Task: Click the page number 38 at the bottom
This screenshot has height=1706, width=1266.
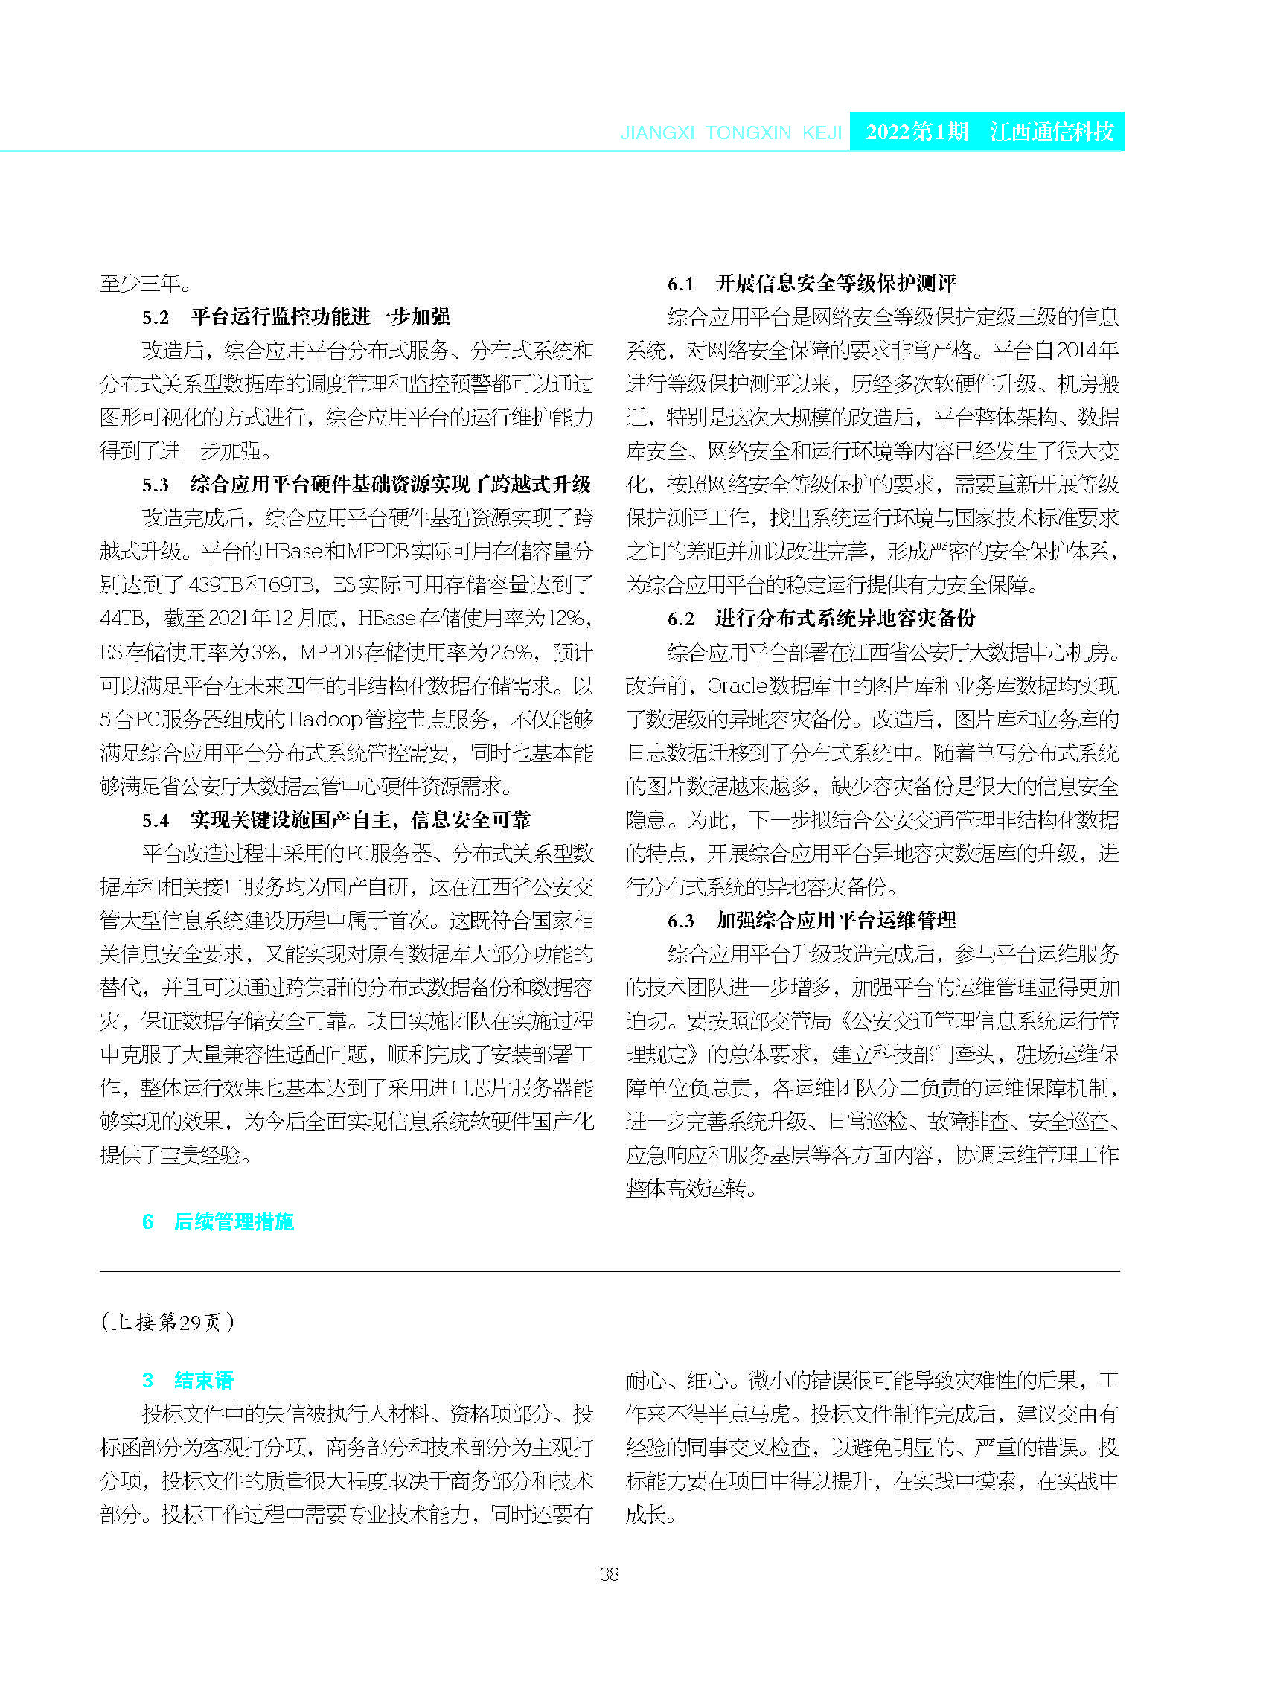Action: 610,1574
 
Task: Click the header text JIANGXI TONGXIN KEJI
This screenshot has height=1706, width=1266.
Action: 731,133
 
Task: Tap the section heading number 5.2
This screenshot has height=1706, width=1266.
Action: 156,317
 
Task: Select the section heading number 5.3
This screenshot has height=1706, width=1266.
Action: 156,485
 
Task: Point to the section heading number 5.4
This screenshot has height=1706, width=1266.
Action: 156,821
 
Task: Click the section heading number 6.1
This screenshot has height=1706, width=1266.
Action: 680,284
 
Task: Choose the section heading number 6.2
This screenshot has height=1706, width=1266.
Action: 680,619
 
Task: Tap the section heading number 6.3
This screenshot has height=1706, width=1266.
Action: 680,921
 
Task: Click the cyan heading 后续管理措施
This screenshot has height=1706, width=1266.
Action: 234,1221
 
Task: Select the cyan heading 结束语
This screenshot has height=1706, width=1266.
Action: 204,1380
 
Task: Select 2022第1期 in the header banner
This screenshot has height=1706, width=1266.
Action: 918,132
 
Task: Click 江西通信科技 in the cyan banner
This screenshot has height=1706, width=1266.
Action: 1052,132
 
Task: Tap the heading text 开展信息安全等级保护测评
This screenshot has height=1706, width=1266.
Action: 835,284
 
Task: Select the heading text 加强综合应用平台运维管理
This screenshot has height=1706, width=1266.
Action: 835,921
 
